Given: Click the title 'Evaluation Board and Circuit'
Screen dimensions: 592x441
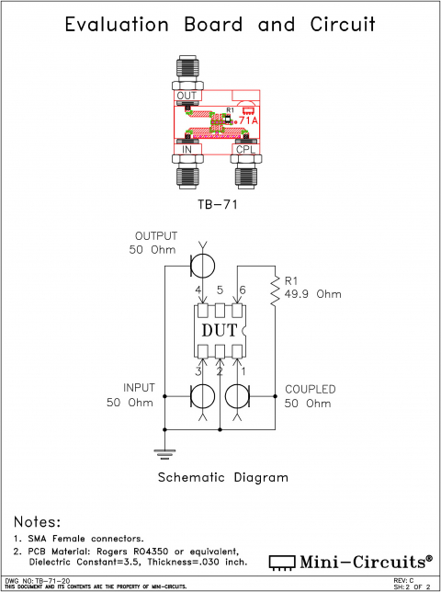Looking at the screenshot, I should (x=220, y=25).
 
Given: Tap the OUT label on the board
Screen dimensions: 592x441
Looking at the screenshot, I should (x=187, y=96).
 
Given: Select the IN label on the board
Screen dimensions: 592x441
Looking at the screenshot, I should (x=187, y=149).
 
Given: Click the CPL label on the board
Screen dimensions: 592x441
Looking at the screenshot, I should (x=247, y=149).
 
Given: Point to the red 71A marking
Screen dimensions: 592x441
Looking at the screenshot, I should (x=248, y=120).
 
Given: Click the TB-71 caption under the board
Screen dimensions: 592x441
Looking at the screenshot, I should (x=219, y=205).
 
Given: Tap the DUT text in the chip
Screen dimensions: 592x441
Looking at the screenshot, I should (x=220, y=330).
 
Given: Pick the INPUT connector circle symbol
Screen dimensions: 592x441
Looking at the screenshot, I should (x=202, y=396).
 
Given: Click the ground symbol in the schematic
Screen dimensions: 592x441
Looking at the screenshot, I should (x=164, y=451).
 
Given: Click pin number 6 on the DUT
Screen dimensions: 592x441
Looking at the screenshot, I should (x=242, y=290).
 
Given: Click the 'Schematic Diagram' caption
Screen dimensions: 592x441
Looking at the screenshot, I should (x=223, y=478).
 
